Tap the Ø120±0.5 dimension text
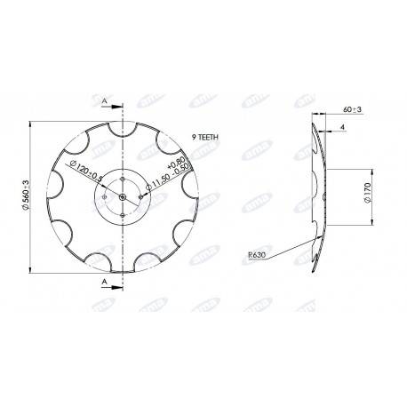pyautogui.click(x=90, y=170)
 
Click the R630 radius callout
pyautogui.click(x=259, y=254)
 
